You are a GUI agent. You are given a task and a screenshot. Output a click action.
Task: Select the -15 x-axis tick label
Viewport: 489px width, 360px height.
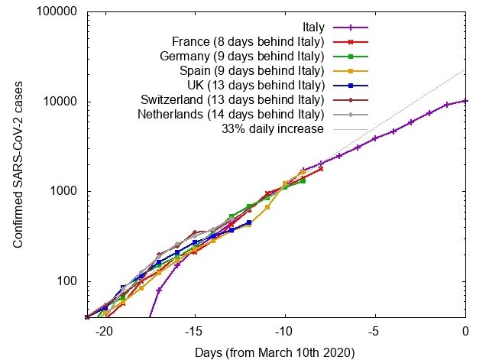(195, 332)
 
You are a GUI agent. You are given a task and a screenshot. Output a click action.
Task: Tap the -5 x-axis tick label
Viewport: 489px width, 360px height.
(375, 332)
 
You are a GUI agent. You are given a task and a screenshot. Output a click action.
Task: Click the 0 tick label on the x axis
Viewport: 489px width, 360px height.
(465, 332)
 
